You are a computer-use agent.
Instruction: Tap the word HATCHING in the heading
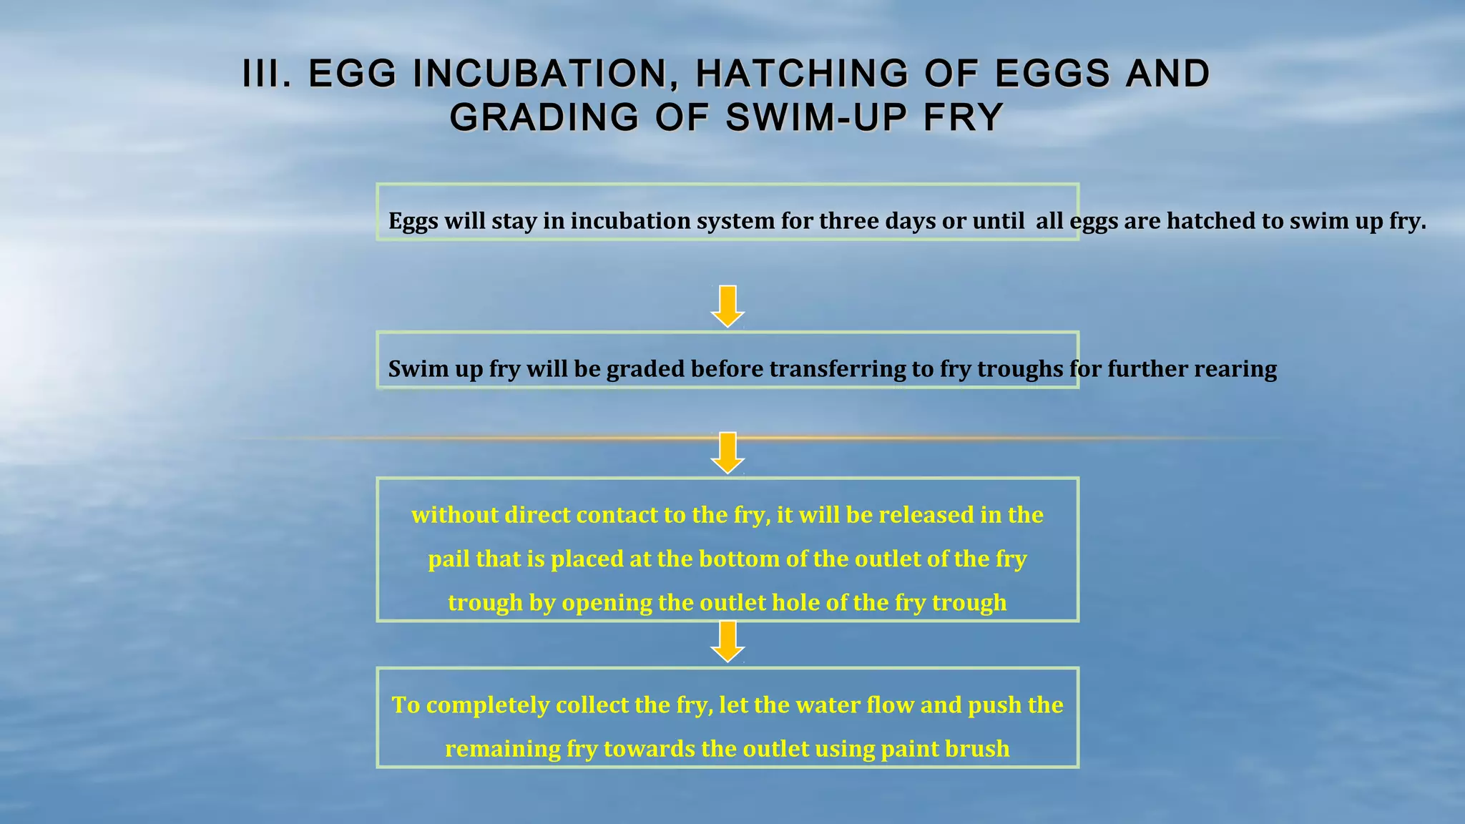(801, 74)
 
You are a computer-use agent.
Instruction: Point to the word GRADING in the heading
(544, 118)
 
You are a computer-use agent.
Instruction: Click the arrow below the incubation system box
(727, 306)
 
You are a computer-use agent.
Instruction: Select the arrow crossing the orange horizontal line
(727, 452)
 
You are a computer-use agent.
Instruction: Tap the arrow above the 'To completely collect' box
(727, 642)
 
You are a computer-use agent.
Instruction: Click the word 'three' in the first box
(848, 221)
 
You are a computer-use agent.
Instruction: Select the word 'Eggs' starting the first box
(413, 222)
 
